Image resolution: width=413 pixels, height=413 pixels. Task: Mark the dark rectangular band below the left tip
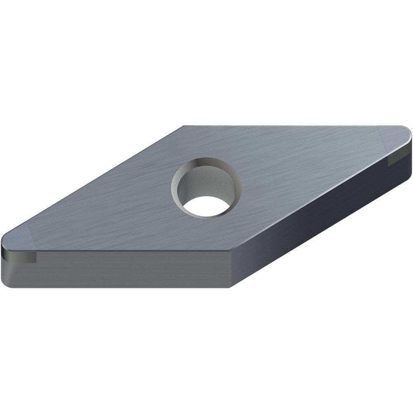point(21,259)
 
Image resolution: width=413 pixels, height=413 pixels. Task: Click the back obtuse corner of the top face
point(184,127)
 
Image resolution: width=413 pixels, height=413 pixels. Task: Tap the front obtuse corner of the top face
point(230,251)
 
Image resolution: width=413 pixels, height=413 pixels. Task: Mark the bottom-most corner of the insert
point(230,287)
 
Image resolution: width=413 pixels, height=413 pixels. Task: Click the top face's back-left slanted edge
point(95,182)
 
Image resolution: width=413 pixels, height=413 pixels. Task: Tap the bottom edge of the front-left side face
point(124,287)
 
